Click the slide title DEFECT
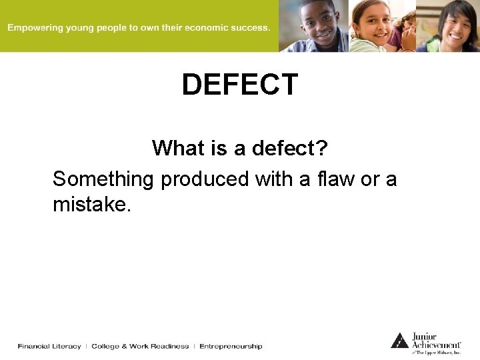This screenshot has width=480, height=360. click(x=240, y=85)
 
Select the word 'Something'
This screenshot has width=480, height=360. click(x=103, y=179)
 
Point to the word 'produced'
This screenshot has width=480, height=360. click(x=205, y=179)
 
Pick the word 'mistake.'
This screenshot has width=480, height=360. click(x=92, y=205)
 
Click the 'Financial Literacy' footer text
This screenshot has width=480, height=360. click(x=49, y=346)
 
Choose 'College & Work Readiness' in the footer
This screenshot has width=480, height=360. click(x=140, y=346)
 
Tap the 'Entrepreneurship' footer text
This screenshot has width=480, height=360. click(x=231, y=346)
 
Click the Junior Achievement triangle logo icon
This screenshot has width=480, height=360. click(x=399, y=341)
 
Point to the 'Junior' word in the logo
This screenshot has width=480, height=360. click(x=425, y=336)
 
